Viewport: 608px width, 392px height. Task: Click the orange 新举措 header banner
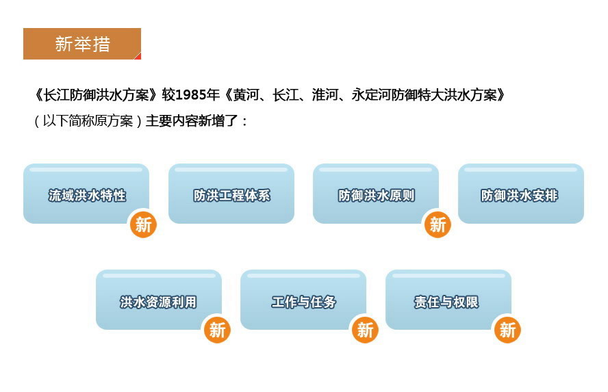[x=82, y=44]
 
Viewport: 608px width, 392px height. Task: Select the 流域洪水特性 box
[x=86, y=195]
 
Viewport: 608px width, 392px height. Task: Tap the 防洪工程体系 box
[x=231, y=195]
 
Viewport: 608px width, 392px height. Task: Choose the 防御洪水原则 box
[x=376, y=195]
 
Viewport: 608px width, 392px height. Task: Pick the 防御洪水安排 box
[x=520, y=195]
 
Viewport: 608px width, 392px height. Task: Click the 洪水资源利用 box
[x=158, y=301]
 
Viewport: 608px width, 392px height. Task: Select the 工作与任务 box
[x=303, y=301]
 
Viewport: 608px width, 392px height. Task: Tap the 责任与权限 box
[x=448, y=301]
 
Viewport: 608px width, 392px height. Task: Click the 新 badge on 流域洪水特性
[x=143, y=224]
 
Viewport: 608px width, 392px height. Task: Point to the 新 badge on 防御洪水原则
[x=438, y=224]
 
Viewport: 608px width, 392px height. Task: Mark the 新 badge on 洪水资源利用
[x=217, y=330]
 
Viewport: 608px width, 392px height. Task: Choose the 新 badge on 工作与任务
[x=365, y=330]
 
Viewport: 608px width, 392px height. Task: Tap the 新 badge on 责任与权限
[x=507, y=330]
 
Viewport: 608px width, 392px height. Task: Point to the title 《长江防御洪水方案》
[x=98, y=95]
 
